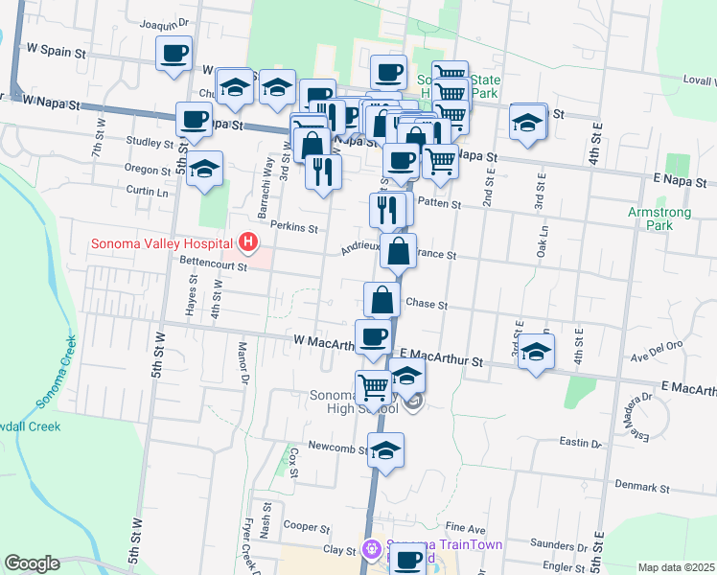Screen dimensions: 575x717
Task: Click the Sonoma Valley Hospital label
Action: (165, 242)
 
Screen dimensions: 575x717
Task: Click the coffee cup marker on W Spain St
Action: (173, 54)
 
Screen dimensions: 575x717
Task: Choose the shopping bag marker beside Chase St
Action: (382, 300)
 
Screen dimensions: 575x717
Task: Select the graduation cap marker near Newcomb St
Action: (385, 450)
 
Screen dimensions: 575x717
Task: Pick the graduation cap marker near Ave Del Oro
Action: (536, 351)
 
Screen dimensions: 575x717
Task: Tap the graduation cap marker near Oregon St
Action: (204, 169)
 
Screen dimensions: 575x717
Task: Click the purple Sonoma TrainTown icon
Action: (373, 550)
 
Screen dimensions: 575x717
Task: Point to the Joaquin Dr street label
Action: (165, 23)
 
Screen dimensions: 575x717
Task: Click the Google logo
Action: (32, 563)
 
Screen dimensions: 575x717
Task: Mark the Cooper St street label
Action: (307, 527)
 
